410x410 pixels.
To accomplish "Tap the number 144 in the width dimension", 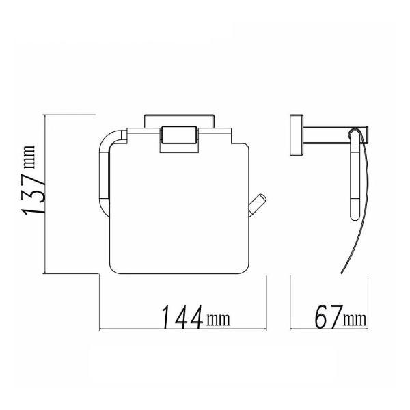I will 182,317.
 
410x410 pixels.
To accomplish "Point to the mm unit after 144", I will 217,319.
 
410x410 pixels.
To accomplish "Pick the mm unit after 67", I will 354,319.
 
